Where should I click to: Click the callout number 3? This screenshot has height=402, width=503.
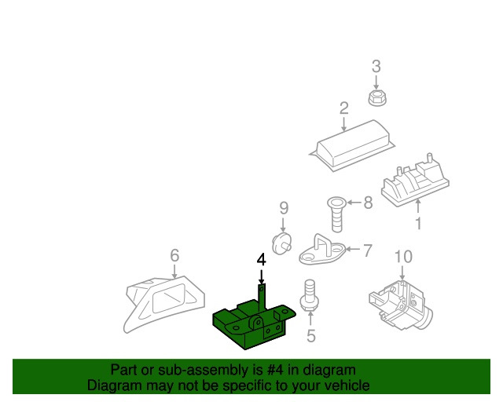pos(376,67)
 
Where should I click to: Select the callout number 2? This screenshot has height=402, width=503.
pos(344,108)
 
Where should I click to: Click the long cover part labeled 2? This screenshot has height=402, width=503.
pos(352,146)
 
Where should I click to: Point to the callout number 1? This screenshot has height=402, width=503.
pos(418,224)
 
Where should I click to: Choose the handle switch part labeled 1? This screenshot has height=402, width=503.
pos(415,180)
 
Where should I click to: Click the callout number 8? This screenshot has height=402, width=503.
pos(368,203)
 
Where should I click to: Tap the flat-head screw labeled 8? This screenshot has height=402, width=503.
pos(336,214)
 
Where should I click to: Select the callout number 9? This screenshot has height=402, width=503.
pos(284,208)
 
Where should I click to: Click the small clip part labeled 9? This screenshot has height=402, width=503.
pos(281,243)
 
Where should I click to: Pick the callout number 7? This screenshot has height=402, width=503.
pos(367,250)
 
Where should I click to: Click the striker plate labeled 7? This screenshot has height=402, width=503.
pos(322,250)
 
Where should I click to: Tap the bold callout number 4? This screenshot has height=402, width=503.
pos(262,260)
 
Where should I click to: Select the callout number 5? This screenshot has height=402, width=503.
pos(311,335)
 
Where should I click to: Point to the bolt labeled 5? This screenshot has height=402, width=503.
pos(310,295)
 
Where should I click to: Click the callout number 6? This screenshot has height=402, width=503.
pos(174,255)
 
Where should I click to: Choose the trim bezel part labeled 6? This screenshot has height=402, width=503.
pos(164,305)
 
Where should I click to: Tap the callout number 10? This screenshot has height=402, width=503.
pos(403,257)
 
